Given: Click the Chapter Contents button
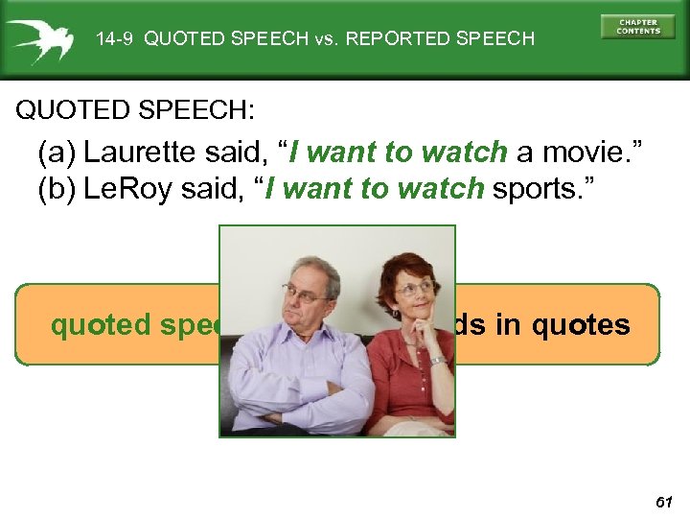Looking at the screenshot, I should click(638, 26).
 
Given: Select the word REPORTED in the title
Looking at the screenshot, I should click(393, 39).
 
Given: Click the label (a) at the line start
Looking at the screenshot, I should click(57, 153).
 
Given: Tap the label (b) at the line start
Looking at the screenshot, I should click(57, 190).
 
